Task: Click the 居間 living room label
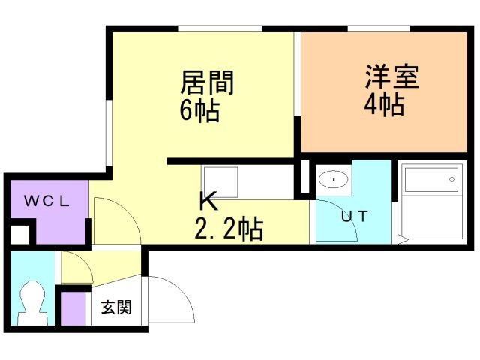[207, 82]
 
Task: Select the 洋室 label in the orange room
[391, 77]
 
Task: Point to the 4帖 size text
[385, 103]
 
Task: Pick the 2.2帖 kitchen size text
[228, 228]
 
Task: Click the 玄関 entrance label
[117, 307]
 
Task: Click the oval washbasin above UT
[333, 181]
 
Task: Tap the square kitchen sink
[220, 182]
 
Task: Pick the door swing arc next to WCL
[114, 219]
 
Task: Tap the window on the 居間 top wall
[220, 30]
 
